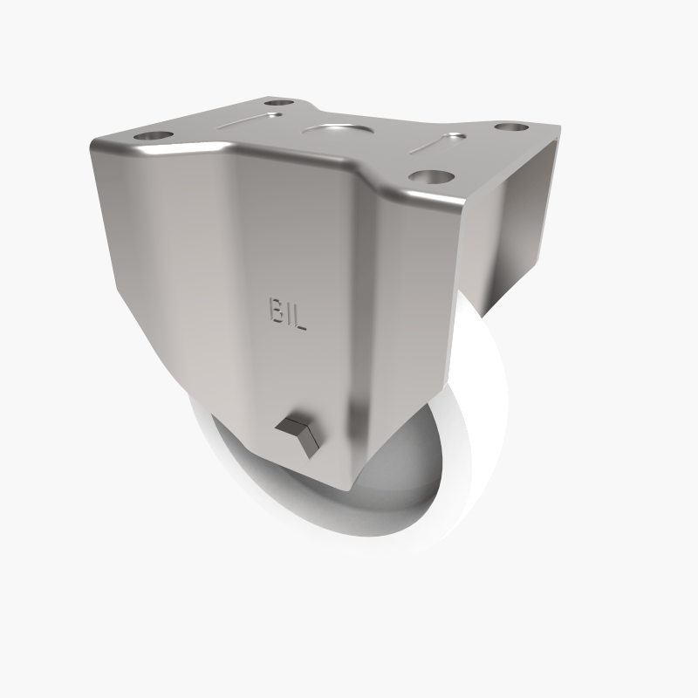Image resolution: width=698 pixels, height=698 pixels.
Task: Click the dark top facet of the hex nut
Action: point(292,427)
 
